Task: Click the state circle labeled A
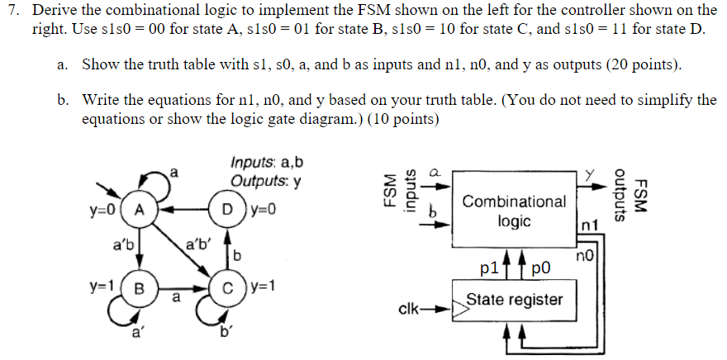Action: click(x=140, y=210)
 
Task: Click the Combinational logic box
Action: click(x=514, y=210)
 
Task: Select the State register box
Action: click(x=514, y=299)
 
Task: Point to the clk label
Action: click(x=411, y=312)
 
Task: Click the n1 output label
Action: click(x=588, y=224)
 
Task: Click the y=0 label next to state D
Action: click(x=259, y=210)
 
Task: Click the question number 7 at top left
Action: click(x=13, y=12)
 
